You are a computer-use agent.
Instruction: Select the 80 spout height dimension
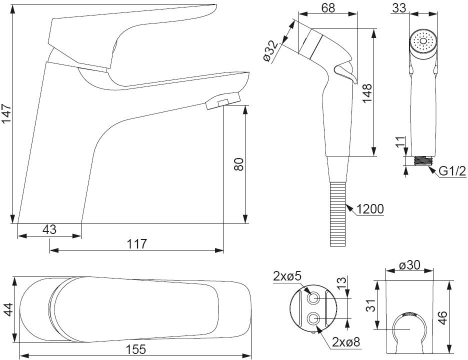(238, 164)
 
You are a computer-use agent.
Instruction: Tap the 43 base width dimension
(49, 229)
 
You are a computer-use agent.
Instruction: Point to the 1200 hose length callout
(370, 209)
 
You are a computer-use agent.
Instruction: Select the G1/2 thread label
(452, 171)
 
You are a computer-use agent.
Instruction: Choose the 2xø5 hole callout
(286, 276)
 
